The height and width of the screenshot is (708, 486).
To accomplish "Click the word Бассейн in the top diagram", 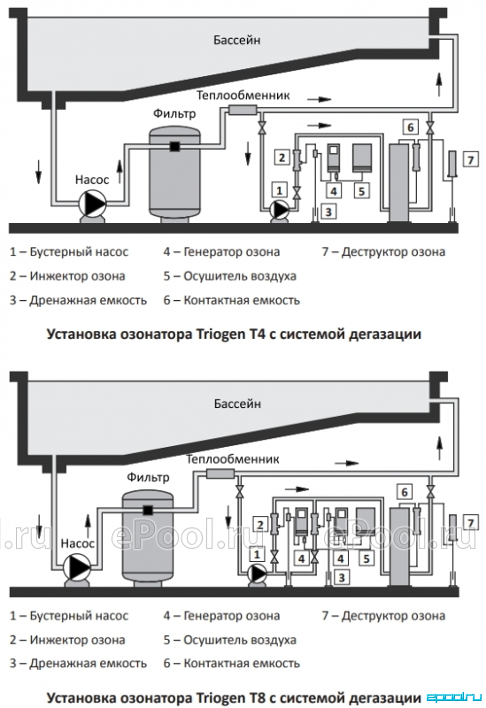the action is tap(236, 40).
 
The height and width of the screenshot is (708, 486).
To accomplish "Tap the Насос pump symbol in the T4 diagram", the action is tap(92, 204).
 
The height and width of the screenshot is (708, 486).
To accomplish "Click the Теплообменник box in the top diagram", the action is tap(243, 109).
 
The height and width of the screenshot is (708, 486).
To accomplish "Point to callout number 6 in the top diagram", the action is tap(410, 127).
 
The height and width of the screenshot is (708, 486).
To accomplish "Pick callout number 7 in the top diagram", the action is tap(471, 159).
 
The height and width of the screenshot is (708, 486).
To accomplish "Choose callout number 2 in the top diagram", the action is tap(282, 158).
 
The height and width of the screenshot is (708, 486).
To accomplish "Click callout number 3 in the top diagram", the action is tap(328, 211).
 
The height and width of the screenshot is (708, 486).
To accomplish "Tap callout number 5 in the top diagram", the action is tap(361, 191).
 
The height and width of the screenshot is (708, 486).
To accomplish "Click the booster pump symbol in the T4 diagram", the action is tap(280, 210).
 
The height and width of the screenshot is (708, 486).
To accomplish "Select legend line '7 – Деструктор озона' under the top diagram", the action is tap(383, 251).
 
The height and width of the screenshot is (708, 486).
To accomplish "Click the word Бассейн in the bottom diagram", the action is tap(237, 404).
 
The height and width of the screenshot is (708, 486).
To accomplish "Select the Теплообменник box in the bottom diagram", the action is tap(220, 473).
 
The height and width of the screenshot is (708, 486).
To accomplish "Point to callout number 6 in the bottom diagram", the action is tap(405, 492).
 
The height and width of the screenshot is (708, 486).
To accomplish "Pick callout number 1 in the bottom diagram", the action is tap(258, 554).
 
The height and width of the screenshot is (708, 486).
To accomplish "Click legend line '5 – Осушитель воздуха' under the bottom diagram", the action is tap(230, 640).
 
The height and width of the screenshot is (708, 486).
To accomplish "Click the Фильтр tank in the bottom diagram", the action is tap(148, 536).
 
